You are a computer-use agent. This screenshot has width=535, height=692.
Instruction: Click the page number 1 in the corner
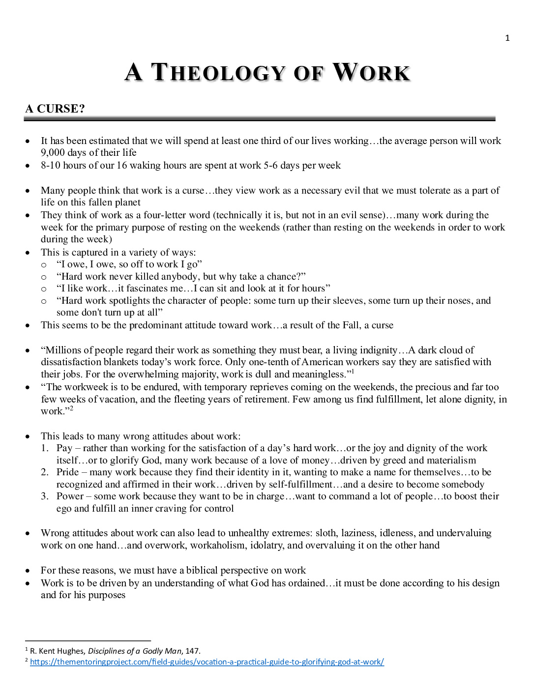pyautogui.click(x=507, y=38)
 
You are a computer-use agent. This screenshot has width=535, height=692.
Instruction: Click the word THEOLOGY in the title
pyautogui.click(x=218, y=73)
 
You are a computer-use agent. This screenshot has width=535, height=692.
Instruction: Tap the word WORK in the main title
pyautogui.click(x=371, y=73)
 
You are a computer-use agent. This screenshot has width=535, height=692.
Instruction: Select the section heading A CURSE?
pyautogui.click(x=55, y=109)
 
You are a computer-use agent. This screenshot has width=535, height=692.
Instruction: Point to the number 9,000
pyautogui.click(x=53, y=152)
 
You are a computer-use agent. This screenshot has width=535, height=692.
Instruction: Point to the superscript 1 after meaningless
pyautogui.click(x=353, y=372)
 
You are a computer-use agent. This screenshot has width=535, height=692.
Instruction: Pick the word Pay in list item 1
pyautogui.click(x=64, y=448)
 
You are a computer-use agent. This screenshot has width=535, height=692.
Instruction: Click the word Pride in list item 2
pyautogui.click(x=67, y=472)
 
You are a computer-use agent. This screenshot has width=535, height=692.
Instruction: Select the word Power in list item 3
pyautogui.click(x=70, y=496)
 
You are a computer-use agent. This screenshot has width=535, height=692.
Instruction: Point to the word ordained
pyautogui.click(x=306, y=583)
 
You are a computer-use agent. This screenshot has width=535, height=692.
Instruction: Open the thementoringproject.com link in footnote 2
pyautogui.click(x=207, y=662)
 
